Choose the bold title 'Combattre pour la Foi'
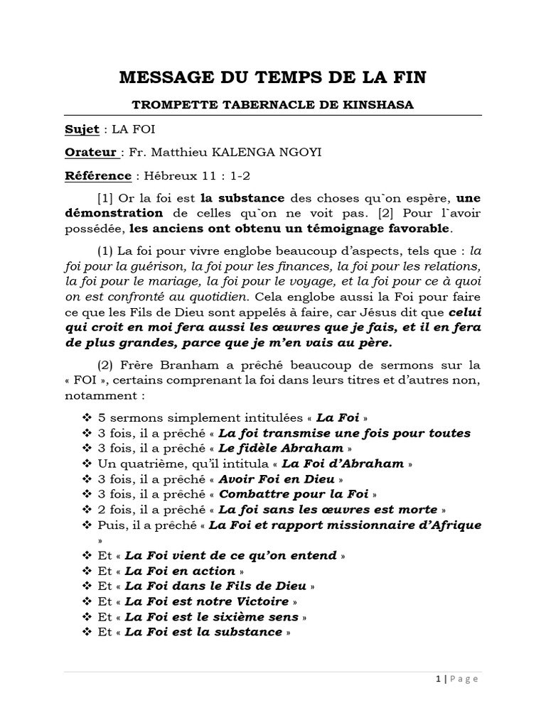[293, 493]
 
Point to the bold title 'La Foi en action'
[180, 570]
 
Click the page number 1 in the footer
[438, 679]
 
